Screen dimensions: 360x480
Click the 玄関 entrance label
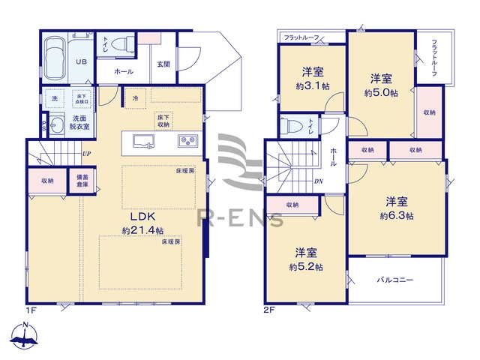click(x=164, y=64)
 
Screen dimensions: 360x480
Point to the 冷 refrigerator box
click(x=135, y=98)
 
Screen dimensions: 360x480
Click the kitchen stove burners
click(x=187, y=140)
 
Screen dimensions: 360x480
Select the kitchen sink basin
click(x=143, y=141)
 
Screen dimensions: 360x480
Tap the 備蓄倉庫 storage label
click(x=82, y=181)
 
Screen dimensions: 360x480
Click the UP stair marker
click(x=87, y=154)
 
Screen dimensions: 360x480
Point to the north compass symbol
click(x=25, y=336)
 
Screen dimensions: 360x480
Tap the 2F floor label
click(x=268, y=308)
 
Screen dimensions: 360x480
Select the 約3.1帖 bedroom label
click(x=312, y=79)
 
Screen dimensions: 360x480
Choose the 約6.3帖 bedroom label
click(x=397, y=208)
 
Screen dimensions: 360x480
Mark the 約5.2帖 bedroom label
click(x=307, y=259)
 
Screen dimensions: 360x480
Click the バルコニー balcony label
click(x=396, y=280)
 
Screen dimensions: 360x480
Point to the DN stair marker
click(x=318, y=181)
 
